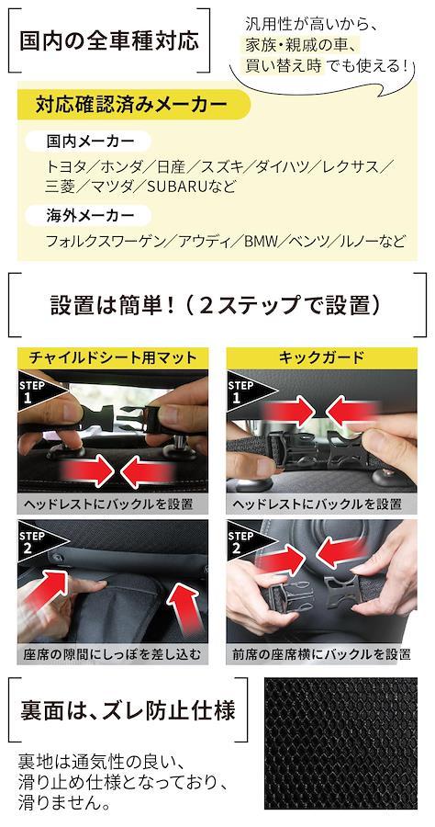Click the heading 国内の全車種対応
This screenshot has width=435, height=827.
pos(109,41)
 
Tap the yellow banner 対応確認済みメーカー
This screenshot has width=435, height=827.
pos(131,106)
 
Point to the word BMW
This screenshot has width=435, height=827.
pos(260,242)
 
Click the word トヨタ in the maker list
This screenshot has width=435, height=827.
pos(64,167)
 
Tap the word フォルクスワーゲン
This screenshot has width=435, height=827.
pos(105,242)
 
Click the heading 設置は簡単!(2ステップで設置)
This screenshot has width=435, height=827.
pos(216,305)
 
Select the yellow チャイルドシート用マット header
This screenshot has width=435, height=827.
pos(113,358)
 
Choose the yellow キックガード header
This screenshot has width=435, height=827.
pos(321,358)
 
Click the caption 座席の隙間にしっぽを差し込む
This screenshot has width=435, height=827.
pos(113,654)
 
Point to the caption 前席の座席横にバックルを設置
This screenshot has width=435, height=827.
pos(321,654)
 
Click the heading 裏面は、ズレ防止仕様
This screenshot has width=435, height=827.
pos(128,710)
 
